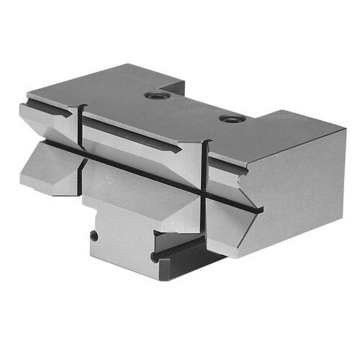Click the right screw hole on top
point(230,118)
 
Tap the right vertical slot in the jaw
point(206,173)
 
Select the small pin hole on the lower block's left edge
point(93,235)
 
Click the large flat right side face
point(295,187)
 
